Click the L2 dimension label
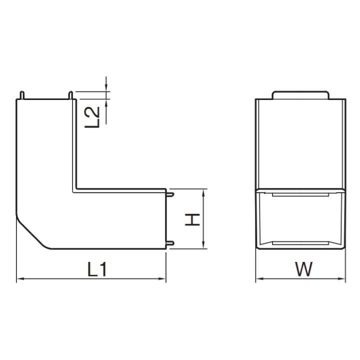pos(92,117)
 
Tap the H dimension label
pos(192,219)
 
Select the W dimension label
pos(304,269)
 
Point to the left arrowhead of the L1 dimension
pos(20,278)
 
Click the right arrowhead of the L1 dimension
pos(162,278)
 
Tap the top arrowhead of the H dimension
pos(203,193)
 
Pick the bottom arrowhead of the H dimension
pos(203,244)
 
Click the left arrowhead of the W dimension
pos(259,278)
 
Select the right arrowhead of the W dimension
pos(341,278)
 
